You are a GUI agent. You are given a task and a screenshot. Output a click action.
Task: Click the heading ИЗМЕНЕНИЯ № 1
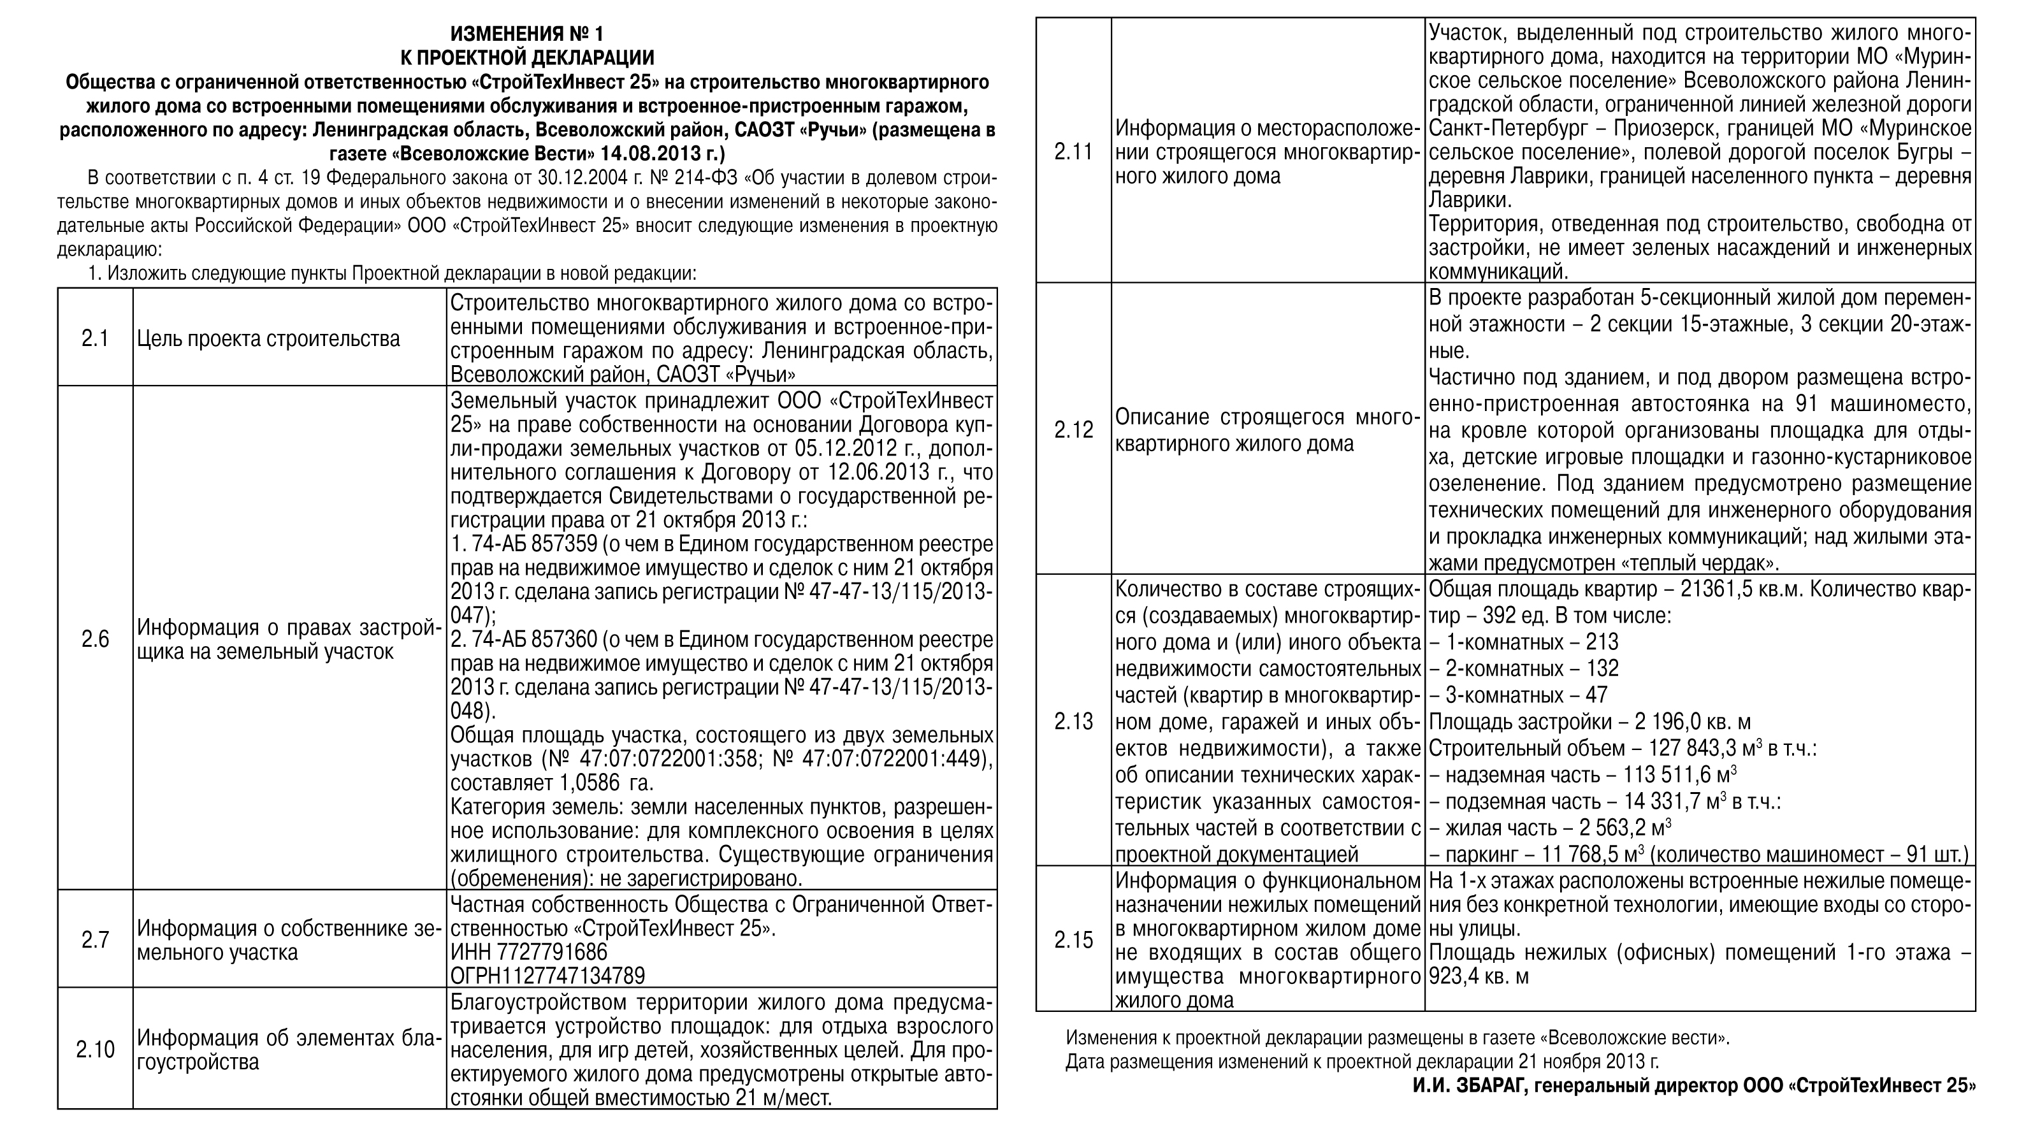pos(526,34)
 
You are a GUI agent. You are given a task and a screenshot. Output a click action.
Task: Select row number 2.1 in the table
pos(95,338)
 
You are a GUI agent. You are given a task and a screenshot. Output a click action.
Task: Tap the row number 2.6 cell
pos(95,639)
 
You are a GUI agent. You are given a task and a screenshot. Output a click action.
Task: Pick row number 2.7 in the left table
pos(95,939)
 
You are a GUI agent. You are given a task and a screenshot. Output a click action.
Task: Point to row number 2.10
pos(95,1048)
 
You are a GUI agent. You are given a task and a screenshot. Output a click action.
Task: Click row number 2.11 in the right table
pos(1073,151)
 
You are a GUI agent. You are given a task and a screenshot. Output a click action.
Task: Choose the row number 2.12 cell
pos(1073,429)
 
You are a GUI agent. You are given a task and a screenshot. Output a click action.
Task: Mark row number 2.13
pos(1073,720)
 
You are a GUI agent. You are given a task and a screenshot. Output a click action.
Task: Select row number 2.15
pos(1073,939)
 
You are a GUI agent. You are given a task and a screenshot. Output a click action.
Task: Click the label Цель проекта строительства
pos(268,338)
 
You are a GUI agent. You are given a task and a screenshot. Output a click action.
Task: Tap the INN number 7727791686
pos(529,951)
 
